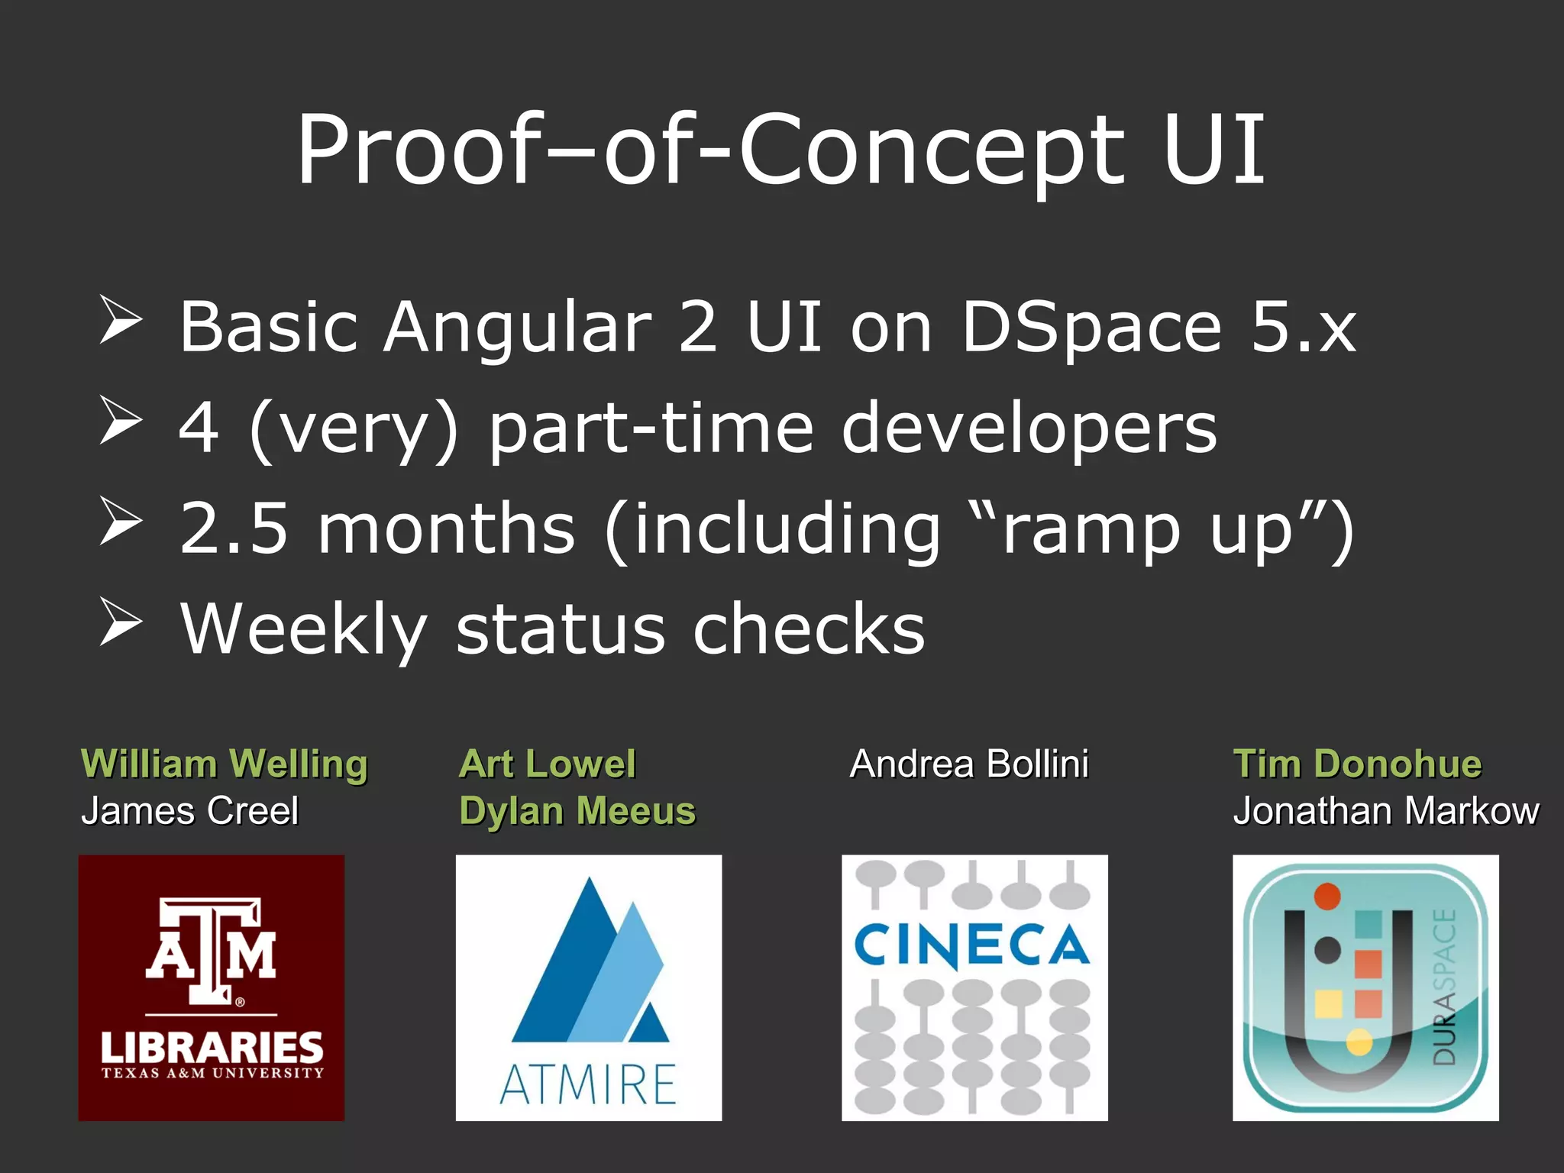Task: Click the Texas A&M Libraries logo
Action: pyautogui.click(x=211, y=987)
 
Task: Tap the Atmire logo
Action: pyautogui.click(x=588, y=987)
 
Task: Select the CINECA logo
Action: pyautogui.click(x=974, y=987)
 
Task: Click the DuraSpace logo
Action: pyautogui.click(x=1365, y=987)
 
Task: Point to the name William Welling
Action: pyautogui.click(x=225, y=764)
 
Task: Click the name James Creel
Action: pyautogui.click(x=189, y=811)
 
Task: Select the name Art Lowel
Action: pyautogui.click(x=547, y=764)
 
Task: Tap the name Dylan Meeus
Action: pyautogui.click(x=577, y=811)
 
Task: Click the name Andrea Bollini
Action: pyautogui.click(x=969, y=764)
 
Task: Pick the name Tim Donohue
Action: pyautogui.click(x=1357, y=764)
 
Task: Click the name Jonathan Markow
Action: pyautogui.click(x=1386, y=811)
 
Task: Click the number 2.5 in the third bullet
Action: pyautogui.click(x=234, y=528)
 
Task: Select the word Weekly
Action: pyautogui.click(x=303, y=629)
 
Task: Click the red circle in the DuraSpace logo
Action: pyautogui.click(x=1327, y=896)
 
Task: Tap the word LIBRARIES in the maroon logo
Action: pyautogui.click(x=212, y=1047)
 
